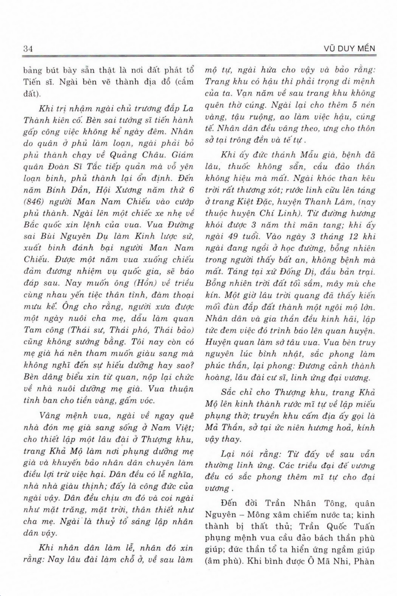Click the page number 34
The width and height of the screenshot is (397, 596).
pos(28,49)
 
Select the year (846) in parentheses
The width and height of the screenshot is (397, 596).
pos(34,202)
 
